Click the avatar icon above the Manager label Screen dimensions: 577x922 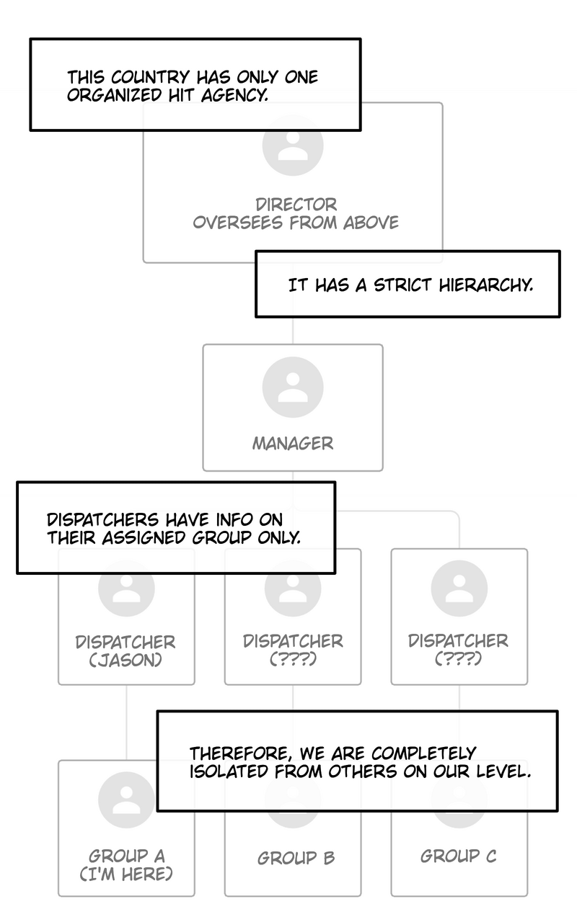[293, 387]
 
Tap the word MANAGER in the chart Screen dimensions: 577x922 [293, 443]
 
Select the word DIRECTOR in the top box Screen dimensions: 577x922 [296, 205]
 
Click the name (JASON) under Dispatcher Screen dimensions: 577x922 [125, 661]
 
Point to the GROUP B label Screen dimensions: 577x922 [296, 858]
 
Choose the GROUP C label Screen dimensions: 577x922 [458, 856]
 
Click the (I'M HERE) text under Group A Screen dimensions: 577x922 [126, 874]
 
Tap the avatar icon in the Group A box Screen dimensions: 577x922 [126, 800]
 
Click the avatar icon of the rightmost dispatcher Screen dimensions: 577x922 [459, 588]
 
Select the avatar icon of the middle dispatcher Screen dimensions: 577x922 [293, 588]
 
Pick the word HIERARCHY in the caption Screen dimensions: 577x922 [485, 285]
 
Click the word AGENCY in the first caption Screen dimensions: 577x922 [234, 95]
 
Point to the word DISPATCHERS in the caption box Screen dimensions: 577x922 [102, 520]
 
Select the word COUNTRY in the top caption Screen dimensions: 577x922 [150, 77]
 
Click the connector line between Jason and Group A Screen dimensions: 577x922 [126, 722]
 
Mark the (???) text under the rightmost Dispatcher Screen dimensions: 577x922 [458, 658]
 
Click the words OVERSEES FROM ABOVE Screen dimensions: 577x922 [296, 223]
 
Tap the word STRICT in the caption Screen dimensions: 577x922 [402, 285]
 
